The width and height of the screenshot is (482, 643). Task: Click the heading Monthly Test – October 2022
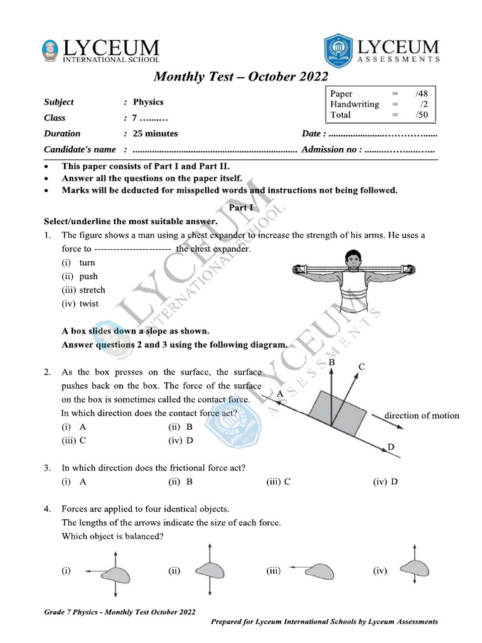point(241,77)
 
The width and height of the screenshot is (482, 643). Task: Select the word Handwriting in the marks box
point(355,104)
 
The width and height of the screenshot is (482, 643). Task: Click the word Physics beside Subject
point(148,102)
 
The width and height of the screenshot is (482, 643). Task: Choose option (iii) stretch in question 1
point(83,290)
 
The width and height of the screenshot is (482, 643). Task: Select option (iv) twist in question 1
point(80,304)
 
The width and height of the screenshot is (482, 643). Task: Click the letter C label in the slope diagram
point(362,367)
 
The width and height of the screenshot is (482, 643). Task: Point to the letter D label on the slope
point(391,446)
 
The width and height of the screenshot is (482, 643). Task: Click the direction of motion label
point(421,416)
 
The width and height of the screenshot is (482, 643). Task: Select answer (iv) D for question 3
point(385,482)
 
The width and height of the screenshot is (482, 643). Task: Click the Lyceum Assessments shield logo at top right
point(338,50)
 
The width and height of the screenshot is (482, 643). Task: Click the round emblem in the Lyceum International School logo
point(50,50)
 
